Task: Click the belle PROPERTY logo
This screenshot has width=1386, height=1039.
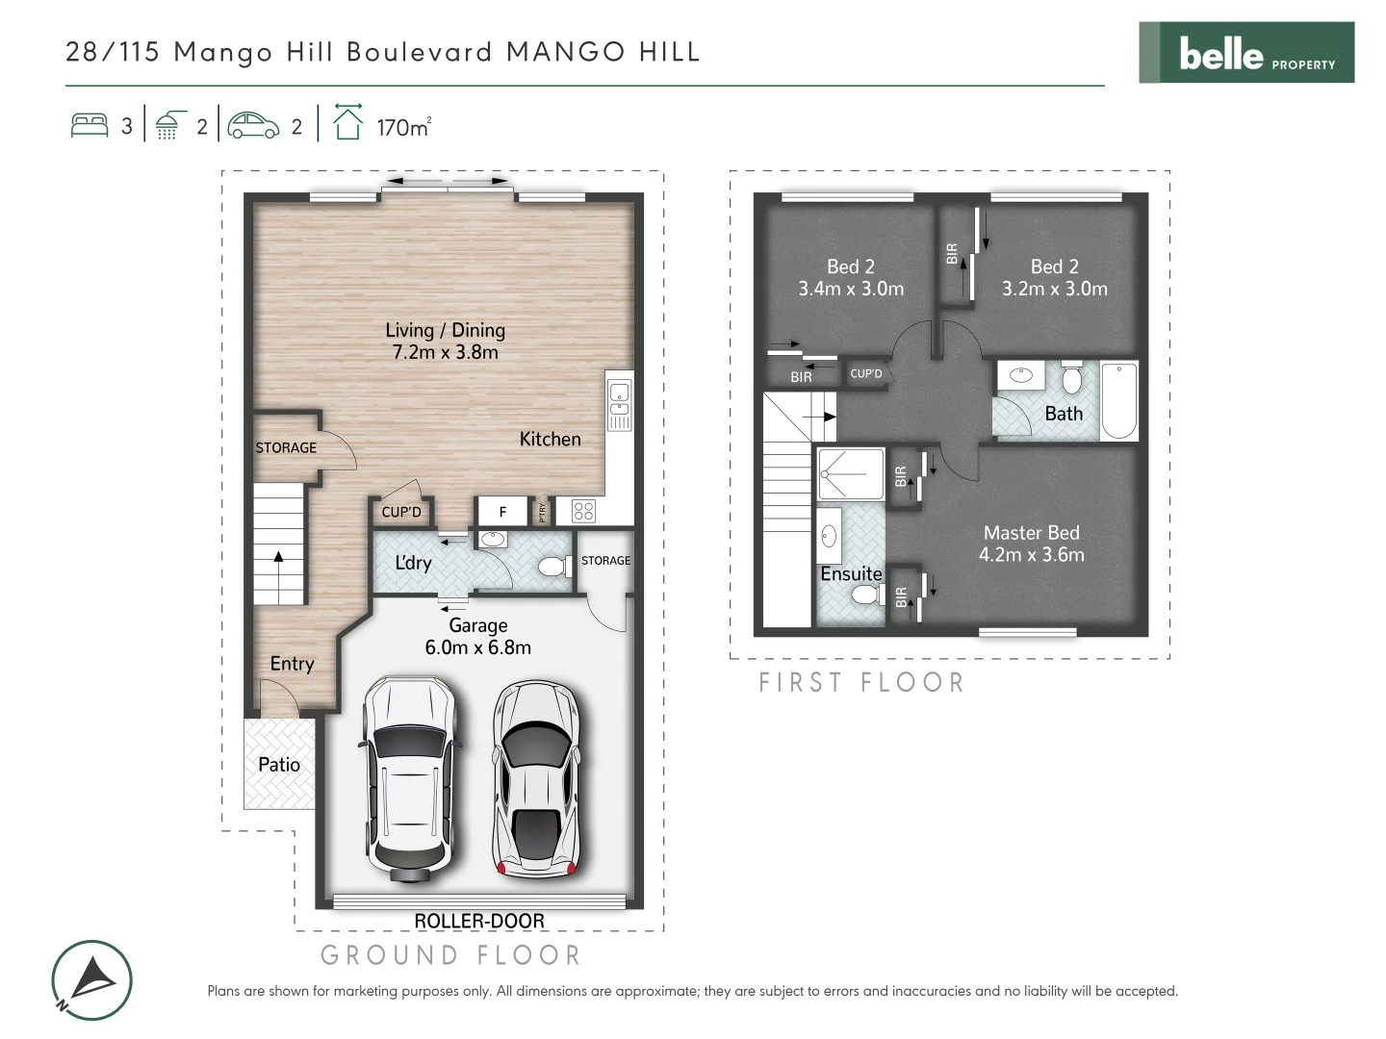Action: [1246, 53]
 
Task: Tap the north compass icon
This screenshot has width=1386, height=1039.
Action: [91, 980]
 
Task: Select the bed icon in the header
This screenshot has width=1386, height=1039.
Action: [90, 126]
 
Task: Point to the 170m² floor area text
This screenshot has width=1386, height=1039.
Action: [402, 127]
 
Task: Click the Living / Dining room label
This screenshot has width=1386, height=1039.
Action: [445, 341]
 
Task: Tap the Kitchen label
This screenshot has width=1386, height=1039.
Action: [550, 440]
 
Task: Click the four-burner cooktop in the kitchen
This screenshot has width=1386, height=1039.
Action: [583, 511]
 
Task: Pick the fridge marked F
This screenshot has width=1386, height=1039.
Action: [502, 512]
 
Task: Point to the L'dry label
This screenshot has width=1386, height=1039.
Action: [413, 563]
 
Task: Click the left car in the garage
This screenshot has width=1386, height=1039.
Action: [409, 777]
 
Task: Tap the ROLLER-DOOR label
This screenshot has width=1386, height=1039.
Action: [478, 921]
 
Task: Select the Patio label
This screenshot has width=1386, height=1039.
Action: [279, 765]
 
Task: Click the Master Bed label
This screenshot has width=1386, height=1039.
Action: [1031, 544]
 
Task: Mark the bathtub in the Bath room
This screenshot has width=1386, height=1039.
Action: [1118, 401]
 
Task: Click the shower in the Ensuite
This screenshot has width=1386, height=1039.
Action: [850, 474]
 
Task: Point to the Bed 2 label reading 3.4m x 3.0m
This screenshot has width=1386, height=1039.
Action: [851, 277]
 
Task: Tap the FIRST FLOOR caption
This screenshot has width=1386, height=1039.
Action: [860, 683]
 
